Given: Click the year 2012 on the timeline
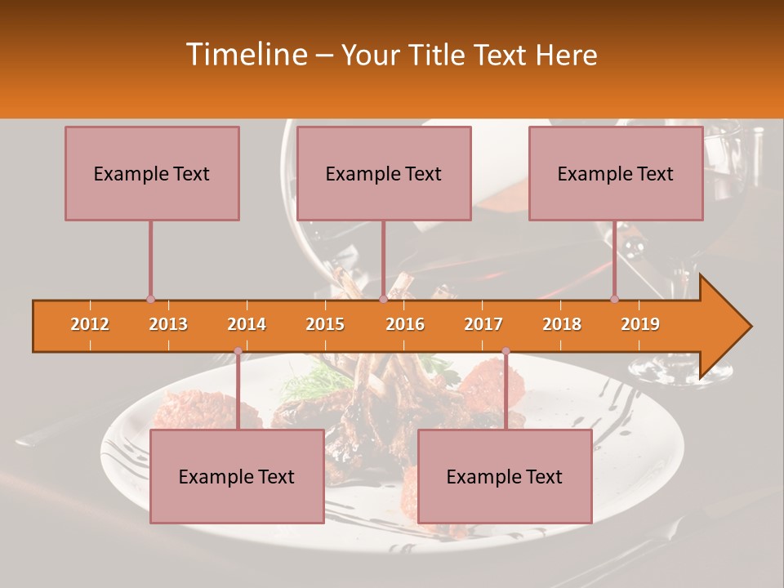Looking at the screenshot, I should coord(90,324).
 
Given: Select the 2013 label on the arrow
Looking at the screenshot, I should coord(168,324).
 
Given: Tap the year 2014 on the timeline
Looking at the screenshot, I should coord(247,324).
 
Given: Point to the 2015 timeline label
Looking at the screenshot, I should coord(325,324).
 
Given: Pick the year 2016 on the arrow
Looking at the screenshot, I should coord(405,324).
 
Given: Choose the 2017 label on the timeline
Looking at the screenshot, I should coord(483,324).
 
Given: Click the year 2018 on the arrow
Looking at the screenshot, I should coord(562,324).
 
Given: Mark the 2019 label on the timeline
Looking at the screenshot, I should coord(640,324).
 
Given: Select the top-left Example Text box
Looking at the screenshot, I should coord(152,173).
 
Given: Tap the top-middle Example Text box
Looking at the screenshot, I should coord(384,173).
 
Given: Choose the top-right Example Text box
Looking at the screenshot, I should coord(616,173).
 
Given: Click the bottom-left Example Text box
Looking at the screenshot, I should coord(237,476).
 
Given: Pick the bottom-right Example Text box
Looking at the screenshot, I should coord(505,476).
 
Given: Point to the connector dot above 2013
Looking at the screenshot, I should coord(150,299).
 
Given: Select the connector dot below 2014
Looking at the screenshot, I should coord(238,351).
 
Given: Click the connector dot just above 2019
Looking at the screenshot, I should coord(614,299).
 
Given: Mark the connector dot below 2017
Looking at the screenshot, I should coord(506,351).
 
